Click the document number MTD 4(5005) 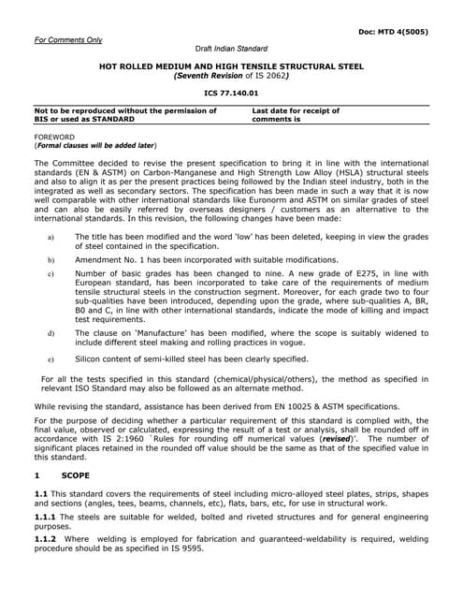pyautogui.click(x=394, y=32)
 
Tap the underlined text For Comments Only pyautogui.click(x=68, y=40)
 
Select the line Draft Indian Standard pyautogui.click(x=231, y=49)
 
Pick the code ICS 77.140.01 pyautogui.click(x=231, y=94)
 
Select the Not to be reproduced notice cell pyautogui.click(x=125, y=115)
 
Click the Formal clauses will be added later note pyautogui.click(x=95, y=146)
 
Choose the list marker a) pyautogui.click(x=50, y=239)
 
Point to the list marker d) pyautogui.click(x=50, y=333)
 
